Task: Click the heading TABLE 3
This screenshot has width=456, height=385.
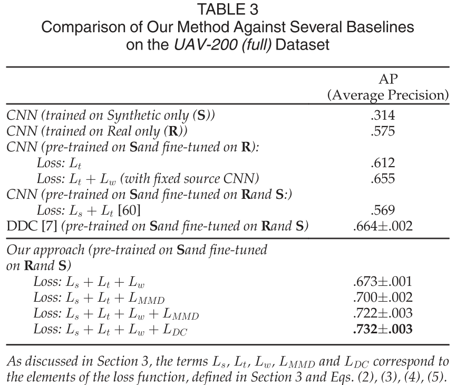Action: [x=228, y=9]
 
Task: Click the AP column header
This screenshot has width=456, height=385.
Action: [x=389, y=79]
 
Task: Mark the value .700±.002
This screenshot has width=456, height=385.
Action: [x=389, y=297]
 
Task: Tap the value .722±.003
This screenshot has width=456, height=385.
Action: [x=389, y=314]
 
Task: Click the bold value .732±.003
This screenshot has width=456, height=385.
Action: [x=389, y=330]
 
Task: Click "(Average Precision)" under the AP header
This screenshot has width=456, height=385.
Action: [x=389, y=96]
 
